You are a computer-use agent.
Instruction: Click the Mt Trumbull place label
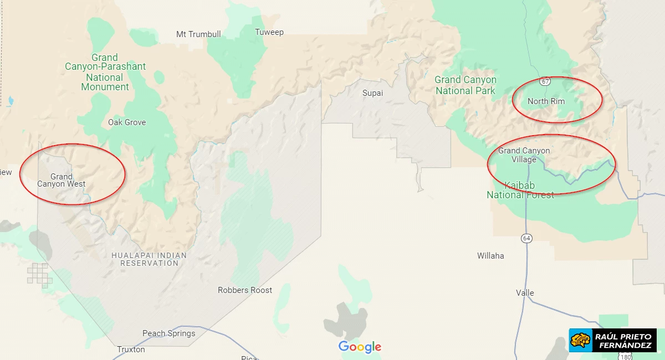pyautogui.click(x=198, y=34)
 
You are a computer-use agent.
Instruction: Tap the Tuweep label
pyautogui.click(x=269, y=32)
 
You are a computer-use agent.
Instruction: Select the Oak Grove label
pyautogui.click(x=127, y=122)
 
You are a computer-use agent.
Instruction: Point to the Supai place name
pyautogui.click(x=372, y=93)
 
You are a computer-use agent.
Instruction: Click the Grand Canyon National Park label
pyautogui.click(x=465, y=85)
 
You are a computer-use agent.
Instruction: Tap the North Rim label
pyautogui.click(x=546, y=101)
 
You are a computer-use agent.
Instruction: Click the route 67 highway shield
pyautogui.click(x=546, y=81)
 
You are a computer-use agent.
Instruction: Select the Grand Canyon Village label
pyautogui.click(x=524, y=155)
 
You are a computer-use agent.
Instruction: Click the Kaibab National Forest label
pyautogui.click(x=520, y=190)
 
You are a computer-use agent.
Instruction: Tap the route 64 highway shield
pyautogui.click(x=526, y=238)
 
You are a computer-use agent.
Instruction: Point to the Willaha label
pyautogui.click(x=490, y=256)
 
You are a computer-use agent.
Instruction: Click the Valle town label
pyautogui.click(x=525, y=293)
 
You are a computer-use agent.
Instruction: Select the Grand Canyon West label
pyautogui.click(x=62, y=181)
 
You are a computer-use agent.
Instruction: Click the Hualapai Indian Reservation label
pyautogui.click(x=149, y=259)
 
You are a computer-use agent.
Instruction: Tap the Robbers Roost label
pyautogui.click(x=245, y=290)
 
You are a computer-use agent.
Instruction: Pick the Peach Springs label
pyautogui.click(x=168, y=333)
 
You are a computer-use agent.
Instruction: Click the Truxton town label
pyautogui.click(x=131, y=349)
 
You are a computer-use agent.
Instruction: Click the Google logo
pyautogui.click(x=360, y=347)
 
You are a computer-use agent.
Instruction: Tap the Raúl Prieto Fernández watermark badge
pyautogui.click(x=612, y=340)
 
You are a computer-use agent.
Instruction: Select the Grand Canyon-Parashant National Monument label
pyautogui.click(x=105, y=72)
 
